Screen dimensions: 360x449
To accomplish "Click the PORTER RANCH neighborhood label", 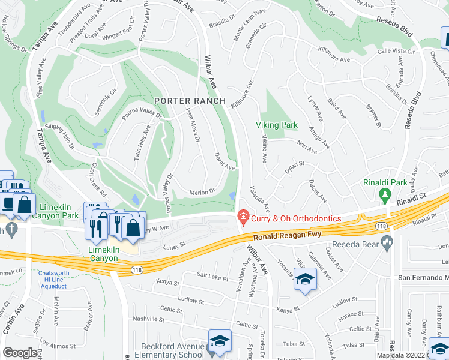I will click(190, 101).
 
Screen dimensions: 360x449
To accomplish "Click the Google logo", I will click(20, 352).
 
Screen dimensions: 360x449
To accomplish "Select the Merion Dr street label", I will click(202, 192).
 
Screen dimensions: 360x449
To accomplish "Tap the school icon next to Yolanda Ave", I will click(305, 278).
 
